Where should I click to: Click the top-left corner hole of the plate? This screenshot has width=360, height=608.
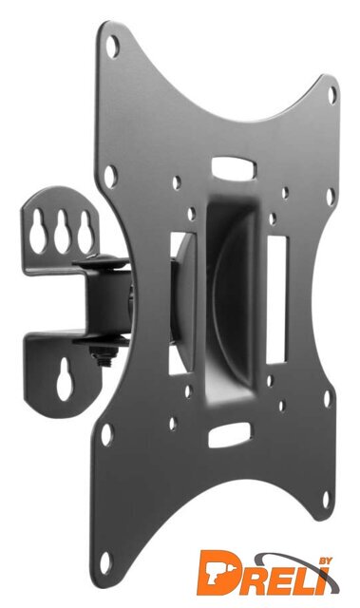[x=112, y=47]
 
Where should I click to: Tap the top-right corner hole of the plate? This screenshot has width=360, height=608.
[x=332, y=95]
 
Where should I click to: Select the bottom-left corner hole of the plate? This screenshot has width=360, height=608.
[x=104, y=562]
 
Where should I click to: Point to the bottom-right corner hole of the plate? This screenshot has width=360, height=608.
[x=327, y=500]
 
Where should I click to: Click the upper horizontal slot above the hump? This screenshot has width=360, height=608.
[x=234, y=168]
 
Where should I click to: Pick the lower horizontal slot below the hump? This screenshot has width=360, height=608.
[x=230, y=434]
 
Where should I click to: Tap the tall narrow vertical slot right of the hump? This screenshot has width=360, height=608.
[x=276, y=300]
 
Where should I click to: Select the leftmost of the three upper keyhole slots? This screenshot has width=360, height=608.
[x=37, y=232]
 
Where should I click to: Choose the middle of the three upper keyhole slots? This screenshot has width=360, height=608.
[x=62, y=232]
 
